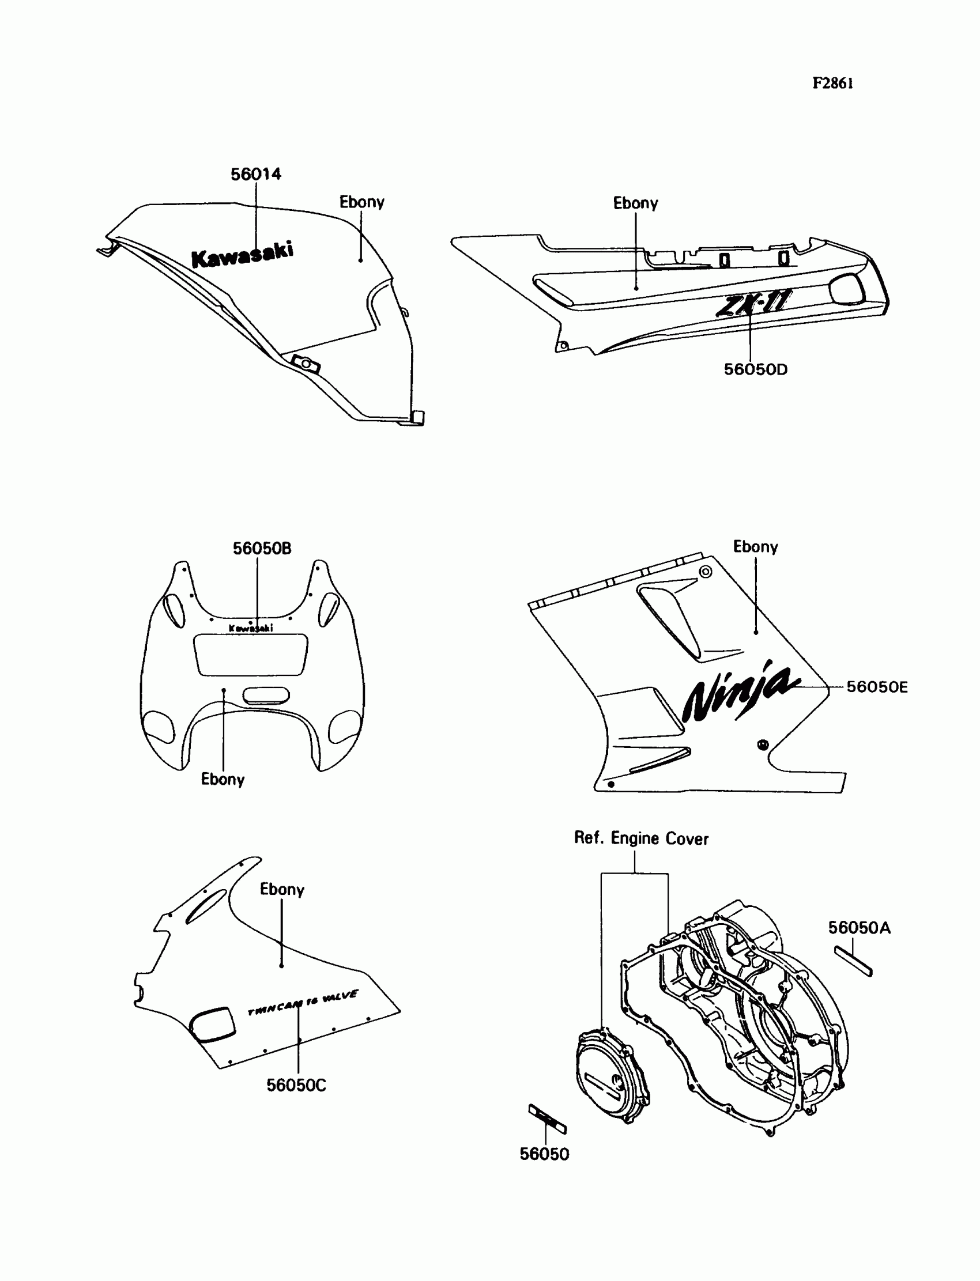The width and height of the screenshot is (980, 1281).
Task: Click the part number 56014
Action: [255, 174]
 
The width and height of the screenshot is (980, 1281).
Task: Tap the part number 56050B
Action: [262, 548]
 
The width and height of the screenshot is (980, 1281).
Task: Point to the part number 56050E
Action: [877, 687]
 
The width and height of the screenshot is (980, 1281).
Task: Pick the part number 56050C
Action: [296, 1085]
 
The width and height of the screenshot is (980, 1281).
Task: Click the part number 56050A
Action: [860, 928]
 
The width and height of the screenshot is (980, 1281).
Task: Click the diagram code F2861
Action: [833, 84]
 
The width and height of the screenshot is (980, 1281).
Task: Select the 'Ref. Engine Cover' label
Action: [641, 838]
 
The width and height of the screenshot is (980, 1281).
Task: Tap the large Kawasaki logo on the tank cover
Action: [243, 255]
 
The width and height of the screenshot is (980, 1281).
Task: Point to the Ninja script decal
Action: [740, 693]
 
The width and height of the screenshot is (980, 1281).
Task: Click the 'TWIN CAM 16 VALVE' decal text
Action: [303, 1002]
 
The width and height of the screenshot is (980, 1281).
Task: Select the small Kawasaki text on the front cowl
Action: [251, 628]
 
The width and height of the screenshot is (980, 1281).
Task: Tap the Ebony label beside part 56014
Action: [361, 202]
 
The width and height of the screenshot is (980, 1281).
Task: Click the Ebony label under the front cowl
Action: [223, 780]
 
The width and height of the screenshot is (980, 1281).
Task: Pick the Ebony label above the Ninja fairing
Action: [755, 547]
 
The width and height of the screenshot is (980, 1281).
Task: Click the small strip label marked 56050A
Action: [853, 961]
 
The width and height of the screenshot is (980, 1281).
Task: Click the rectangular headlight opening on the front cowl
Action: [251, 655]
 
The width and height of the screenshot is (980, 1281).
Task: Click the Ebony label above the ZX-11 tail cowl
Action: [635, 203]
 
